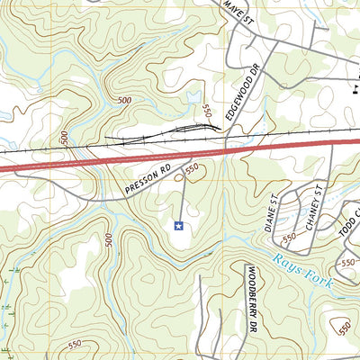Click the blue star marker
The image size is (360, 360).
coord(178,225)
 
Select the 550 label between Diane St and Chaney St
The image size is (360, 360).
coord(290,238)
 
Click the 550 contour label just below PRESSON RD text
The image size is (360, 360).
coord(192,168)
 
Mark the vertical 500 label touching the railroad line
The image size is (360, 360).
coord(64,137)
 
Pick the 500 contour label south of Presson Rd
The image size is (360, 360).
coord(109,240)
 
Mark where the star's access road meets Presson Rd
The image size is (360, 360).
coord(184,177)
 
